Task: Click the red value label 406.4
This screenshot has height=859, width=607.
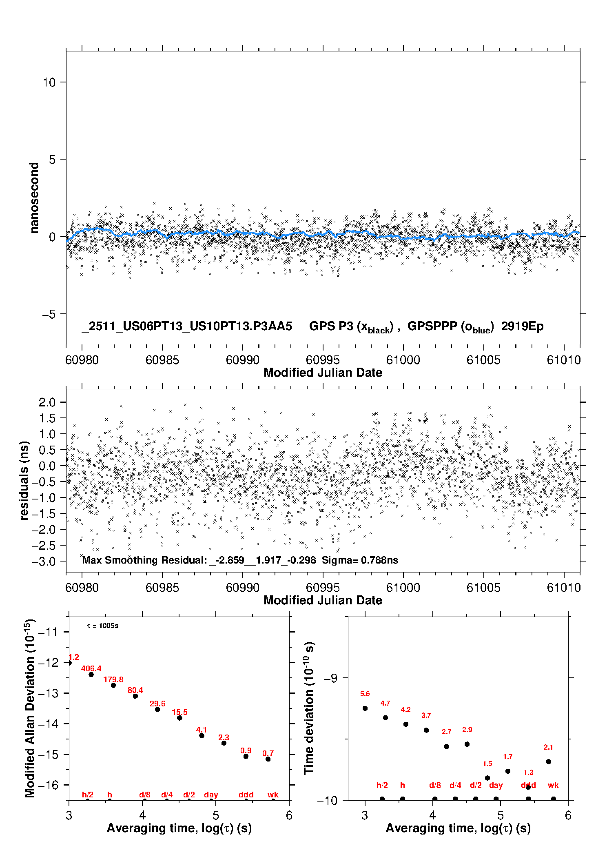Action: pyautogui.click(x=91, y=668)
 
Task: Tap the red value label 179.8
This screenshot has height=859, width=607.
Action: pyautogui.click(x=113, y=679)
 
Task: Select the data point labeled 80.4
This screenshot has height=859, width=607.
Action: pyautogui.click(x=135, y=696)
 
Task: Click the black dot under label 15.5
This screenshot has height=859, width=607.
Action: pyautogui.click(x=179, y=718)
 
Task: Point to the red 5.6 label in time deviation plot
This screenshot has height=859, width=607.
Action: pyautogui.click(x=365, y=694)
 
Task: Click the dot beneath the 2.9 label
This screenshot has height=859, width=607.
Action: pyautogui.click(x=467, y=744)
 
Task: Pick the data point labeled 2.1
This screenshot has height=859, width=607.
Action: pyautogui.click(x=549, y=761)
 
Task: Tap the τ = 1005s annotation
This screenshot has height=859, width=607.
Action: pyautogui.click(x=103, y=626)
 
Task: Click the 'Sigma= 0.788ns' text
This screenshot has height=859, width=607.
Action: pyautogui.click(x=360, y=560)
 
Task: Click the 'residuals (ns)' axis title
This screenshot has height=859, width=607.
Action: pyautogui.click(x=24, y=480)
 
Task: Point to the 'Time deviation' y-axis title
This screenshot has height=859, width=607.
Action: pyautogui.click(x=309, y=708)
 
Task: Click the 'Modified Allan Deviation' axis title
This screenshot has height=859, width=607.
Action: pyautogui.click(x=29, y=708)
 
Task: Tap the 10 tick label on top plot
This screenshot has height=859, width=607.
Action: pyautogui.click(x=49, y=82)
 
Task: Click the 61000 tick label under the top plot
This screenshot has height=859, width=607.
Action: pyautogui.click(x=403, y=360)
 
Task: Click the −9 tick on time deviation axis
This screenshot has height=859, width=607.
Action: pyautogui.click(x=331, y=678)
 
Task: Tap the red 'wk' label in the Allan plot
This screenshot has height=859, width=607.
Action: pyautogui.click(x=273, y=795)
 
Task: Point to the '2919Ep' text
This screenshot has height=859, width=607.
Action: pyautogui.click(x=522, y=326)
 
